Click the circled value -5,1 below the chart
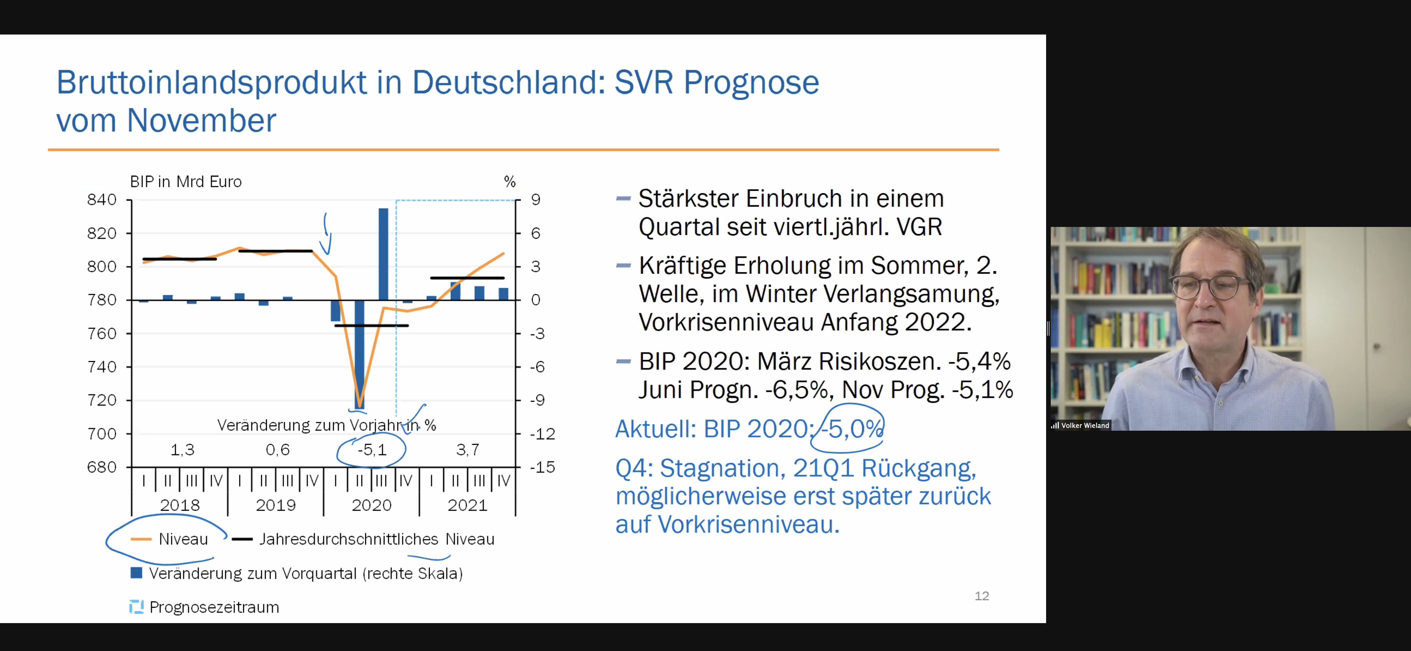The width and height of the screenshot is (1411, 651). (372, 450)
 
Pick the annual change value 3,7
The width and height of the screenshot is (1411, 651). (468, 450)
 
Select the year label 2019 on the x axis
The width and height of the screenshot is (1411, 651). (275, 505)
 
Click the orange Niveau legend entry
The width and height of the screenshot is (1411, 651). (170, 539)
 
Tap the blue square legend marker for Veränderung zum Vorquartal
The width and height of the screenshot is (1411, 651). (136, 573)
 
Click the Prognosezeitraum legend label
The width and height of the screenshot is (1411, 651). (214, 607)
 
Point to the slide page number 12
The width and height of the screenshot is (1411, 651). (982, 596)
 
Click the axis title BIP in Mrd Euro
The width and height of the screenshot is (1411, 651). (186, 181)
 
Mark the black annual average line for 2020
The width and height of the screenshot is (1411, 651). (371, 325)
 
